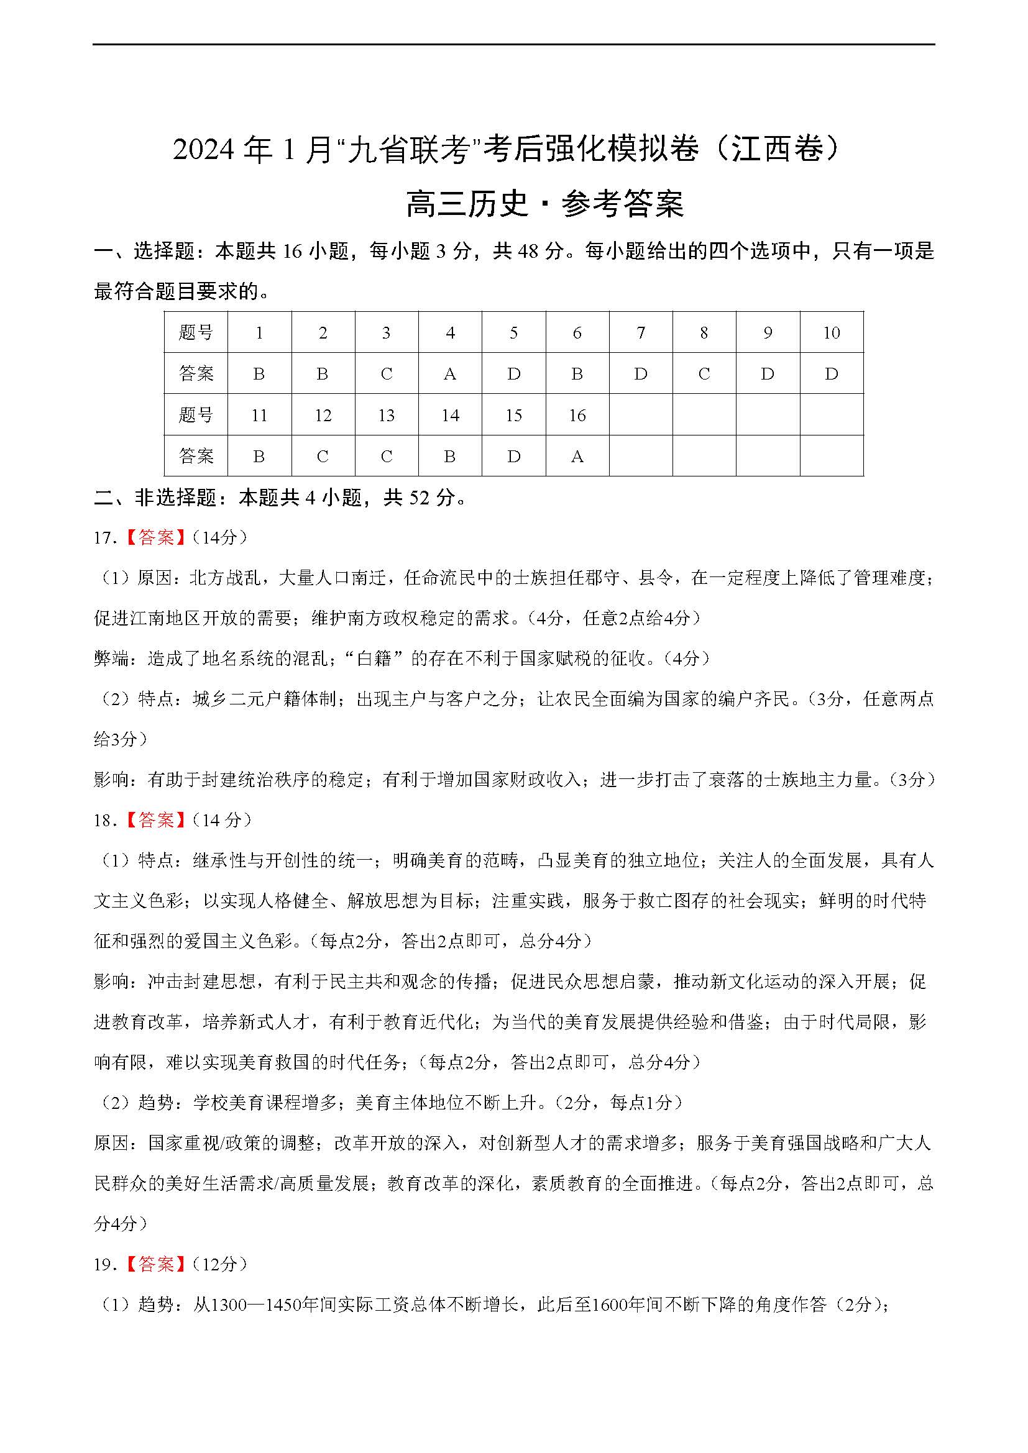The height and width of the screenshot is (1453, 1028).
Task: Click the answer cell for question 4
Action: click(x=450, y=373)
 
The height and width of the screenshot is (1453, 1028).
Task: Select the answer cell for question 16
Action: click(x=577, y=455)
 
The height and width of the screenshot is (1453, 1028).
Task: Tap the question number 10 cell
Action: click(x=831, y=332)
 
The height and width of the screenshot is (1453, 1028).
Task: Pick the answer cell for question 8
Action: click(x=704, y=373)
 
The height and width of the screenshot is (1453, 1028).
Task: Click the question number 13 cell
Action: click(x=386, y=415)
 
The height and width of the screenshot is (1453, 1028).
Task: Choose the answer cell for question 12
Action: click(x=323, y=455)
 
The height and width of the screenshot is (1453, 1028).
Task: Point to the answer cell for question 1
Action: click(x=259, y=373)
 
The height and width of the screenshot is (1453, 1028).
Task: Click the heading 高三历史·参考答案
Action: click(x=544, y=204)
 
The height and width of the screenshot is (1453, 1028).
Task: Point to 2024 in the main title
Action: click(x=203, y=150)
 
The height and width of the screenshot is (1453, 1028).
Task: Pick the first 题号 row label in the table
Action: click(x=196, y=332)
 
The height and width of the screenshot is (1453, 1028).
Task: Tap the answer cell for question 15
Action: click(x=513, y=455)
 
